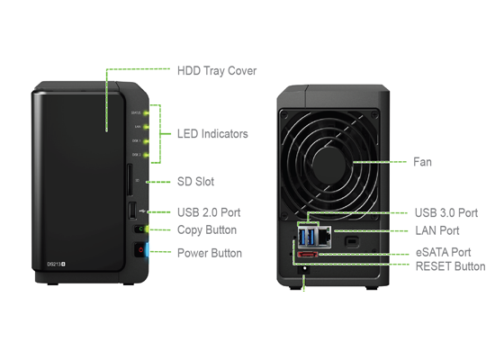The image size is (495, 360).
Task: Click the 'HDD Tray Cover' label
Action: pyautogui.click(x=216, y=70)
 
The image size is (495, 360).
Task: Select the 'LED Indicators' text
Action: pyautogui.click(x=212, y=134)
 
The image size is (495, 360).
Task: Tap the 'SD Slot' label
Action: pyautogui.click(x=195, y=182)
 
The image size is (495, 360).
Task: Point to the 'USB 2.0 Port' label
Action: pyautogui.click(x=208, y=212)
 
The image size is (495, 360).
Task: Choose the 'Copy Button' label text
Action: pyautogui.click(x=207, y=230)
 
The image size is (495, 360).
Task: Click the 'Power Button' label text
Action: pyautogui.click(x=209, y=253)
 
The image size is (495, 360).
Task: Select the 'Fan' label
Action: pyautogui.click(x=422, y=162)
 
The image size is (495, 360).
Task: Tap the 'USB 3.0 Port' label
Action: pyautogui.click(x=445, y=213)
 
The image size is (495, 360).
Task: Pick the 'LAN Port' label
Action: pyautogui.click(x=436, y=231)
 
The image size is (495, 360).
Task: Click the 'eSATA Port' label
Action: pyautogui.click(x=442, y=253)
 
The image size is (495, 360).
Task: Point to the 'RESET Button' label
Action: pyautogui.click(x=450, y=266)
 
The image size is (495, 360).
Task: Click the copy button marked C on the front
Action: pyautogui.click(x=137, y=230)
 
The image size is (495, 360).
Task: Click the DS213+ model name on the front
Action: pyautogui.click(x=58, y=265)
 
